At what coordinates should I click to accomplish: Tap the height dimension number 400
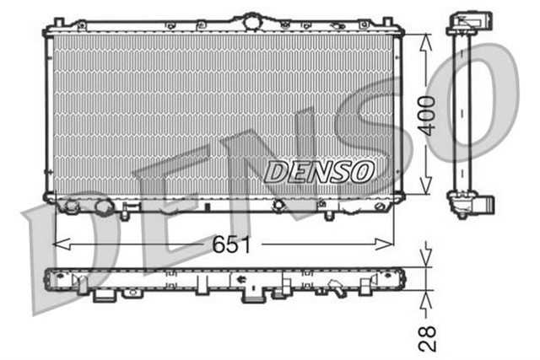[x=428, y=116]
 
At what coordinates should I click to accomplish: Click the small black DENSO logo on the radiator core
[x=319, y=171]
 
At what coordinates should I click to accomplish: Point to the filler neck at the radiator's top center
[x=251, y=19]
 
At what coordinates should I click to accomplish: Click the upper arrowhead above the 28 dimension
[x=427, y=257]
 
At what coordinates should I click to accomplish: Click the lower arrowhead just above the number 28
[x=427, y=300]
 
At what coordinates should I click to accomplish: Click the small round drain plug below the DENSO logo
[x=278, y=205]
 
